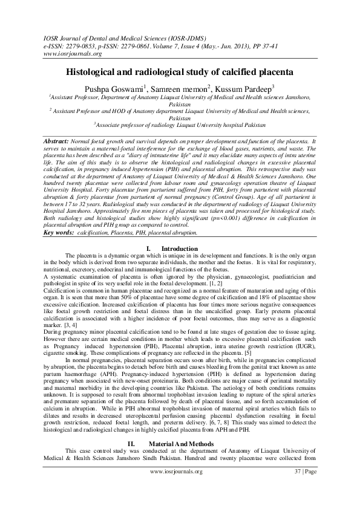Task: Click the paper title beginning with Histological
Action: (x=180, y=71)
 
